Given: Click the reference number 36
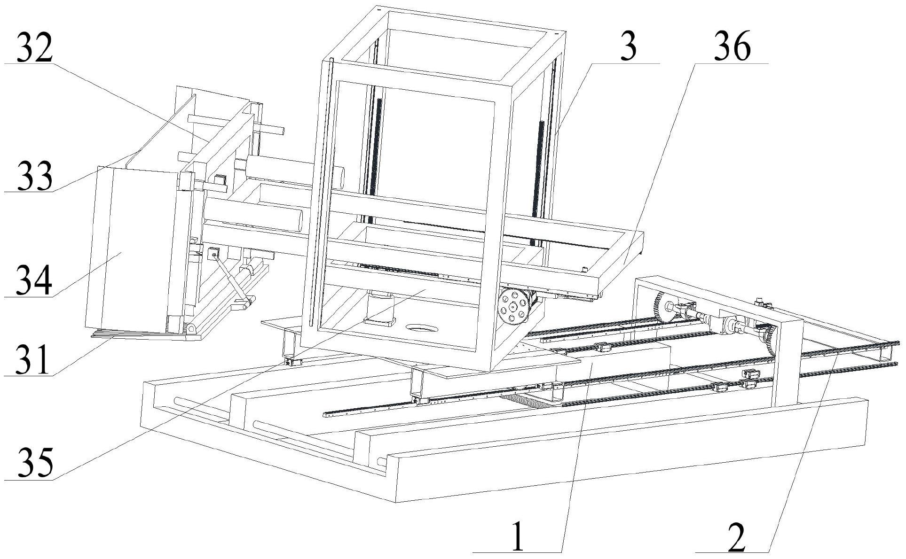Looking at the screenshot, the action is [x=732, y=46].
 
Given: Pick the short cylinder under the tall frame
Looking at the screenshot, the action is [x=379, y=307].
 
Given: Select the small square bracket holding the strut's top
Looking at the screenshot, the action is [x=213, y=254].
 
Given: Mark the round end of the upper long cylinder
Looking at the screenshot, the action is [x=338, y=177].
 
